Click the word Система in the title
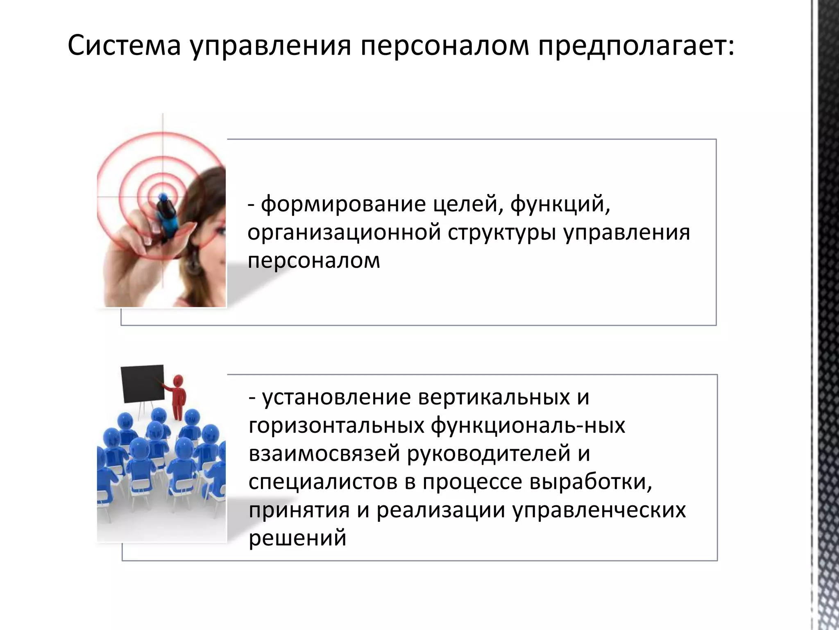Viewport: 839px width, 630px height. (x=124, y=45)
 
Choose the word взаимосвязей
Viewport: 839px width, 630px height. (x=324, y=453)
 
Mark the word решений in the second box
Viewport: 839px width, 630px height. (x=297, y=538)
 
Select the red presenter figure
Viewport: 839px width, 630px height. (x=178, y=396)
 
